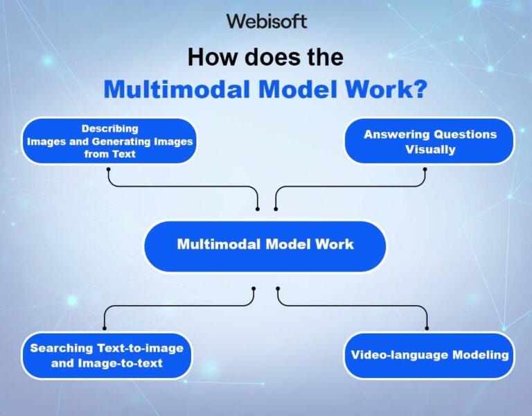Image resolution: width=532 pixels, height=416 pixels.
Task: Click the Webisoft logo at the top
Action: tap(267, 21)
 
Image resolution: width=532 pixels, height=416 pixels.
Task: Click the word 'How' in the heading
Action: tap(212, 57)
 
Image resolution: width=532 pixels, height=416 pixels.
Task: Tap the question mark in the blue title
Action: tap(420, 89)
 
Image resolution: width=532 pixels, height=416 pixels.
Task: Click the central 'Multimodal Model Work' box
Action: tap(265, 246)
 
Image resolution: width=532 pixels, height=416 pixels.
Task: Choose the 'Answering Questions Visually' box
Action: tap(430, 141)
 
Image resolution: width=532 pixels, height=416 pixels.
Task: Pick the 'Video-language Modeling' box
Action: tap(429, 355)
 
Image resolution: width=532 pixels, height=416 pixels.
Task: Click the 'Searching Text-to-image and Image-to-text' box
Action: tap(107, 355)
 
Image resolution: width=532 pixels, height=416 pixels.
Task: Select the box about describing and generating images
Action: tap(109, 141)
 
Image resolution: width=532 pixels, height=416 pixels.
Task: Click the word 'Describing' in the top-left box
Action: tap(110, 129)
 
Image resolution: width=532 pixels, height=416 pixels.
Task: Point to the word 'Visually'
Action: tap(430, 150)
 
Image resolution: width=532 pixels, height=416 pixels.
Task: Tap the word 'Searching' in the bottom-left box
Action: tap(62, 348)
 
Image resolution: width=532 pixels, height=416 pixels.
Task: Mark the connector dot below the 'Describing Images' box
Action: tap(108, 168)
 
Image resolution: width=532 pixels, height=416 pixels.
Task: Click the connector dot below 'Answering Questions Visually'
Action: tap(425, 168)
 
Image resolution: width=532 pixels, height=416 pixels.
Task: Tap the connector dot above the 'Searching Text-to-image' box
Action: tap(105, 328)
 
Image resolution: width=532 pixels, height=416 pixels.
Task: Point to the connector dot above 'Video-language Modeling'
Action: tap(427, 328)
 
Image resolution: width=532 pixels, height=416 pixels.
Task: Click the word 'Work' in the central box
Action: tap(334, 244)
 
